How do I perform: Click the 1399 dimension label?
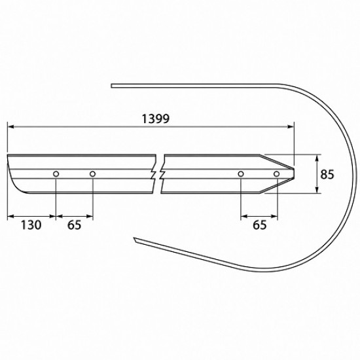[x=156, y=119]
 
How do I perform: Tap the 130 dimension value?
[x=31, y=225]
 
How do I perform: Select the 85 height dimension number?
[x=327, y=174]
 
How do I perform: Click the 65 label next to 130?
[x=74, y=225]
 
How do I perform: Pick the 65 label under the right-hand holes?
[x=260, y=225]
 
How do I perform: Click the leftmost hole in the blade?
[x=56, y=174]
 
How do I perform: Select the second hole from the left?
[x=92, y=174]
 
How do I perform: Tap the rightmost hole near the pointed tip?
[x=277, y=174]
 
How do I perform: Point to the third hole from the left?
[x=241, y=174]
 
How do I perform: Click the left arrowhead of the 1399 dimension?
[x=10, y=126]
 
